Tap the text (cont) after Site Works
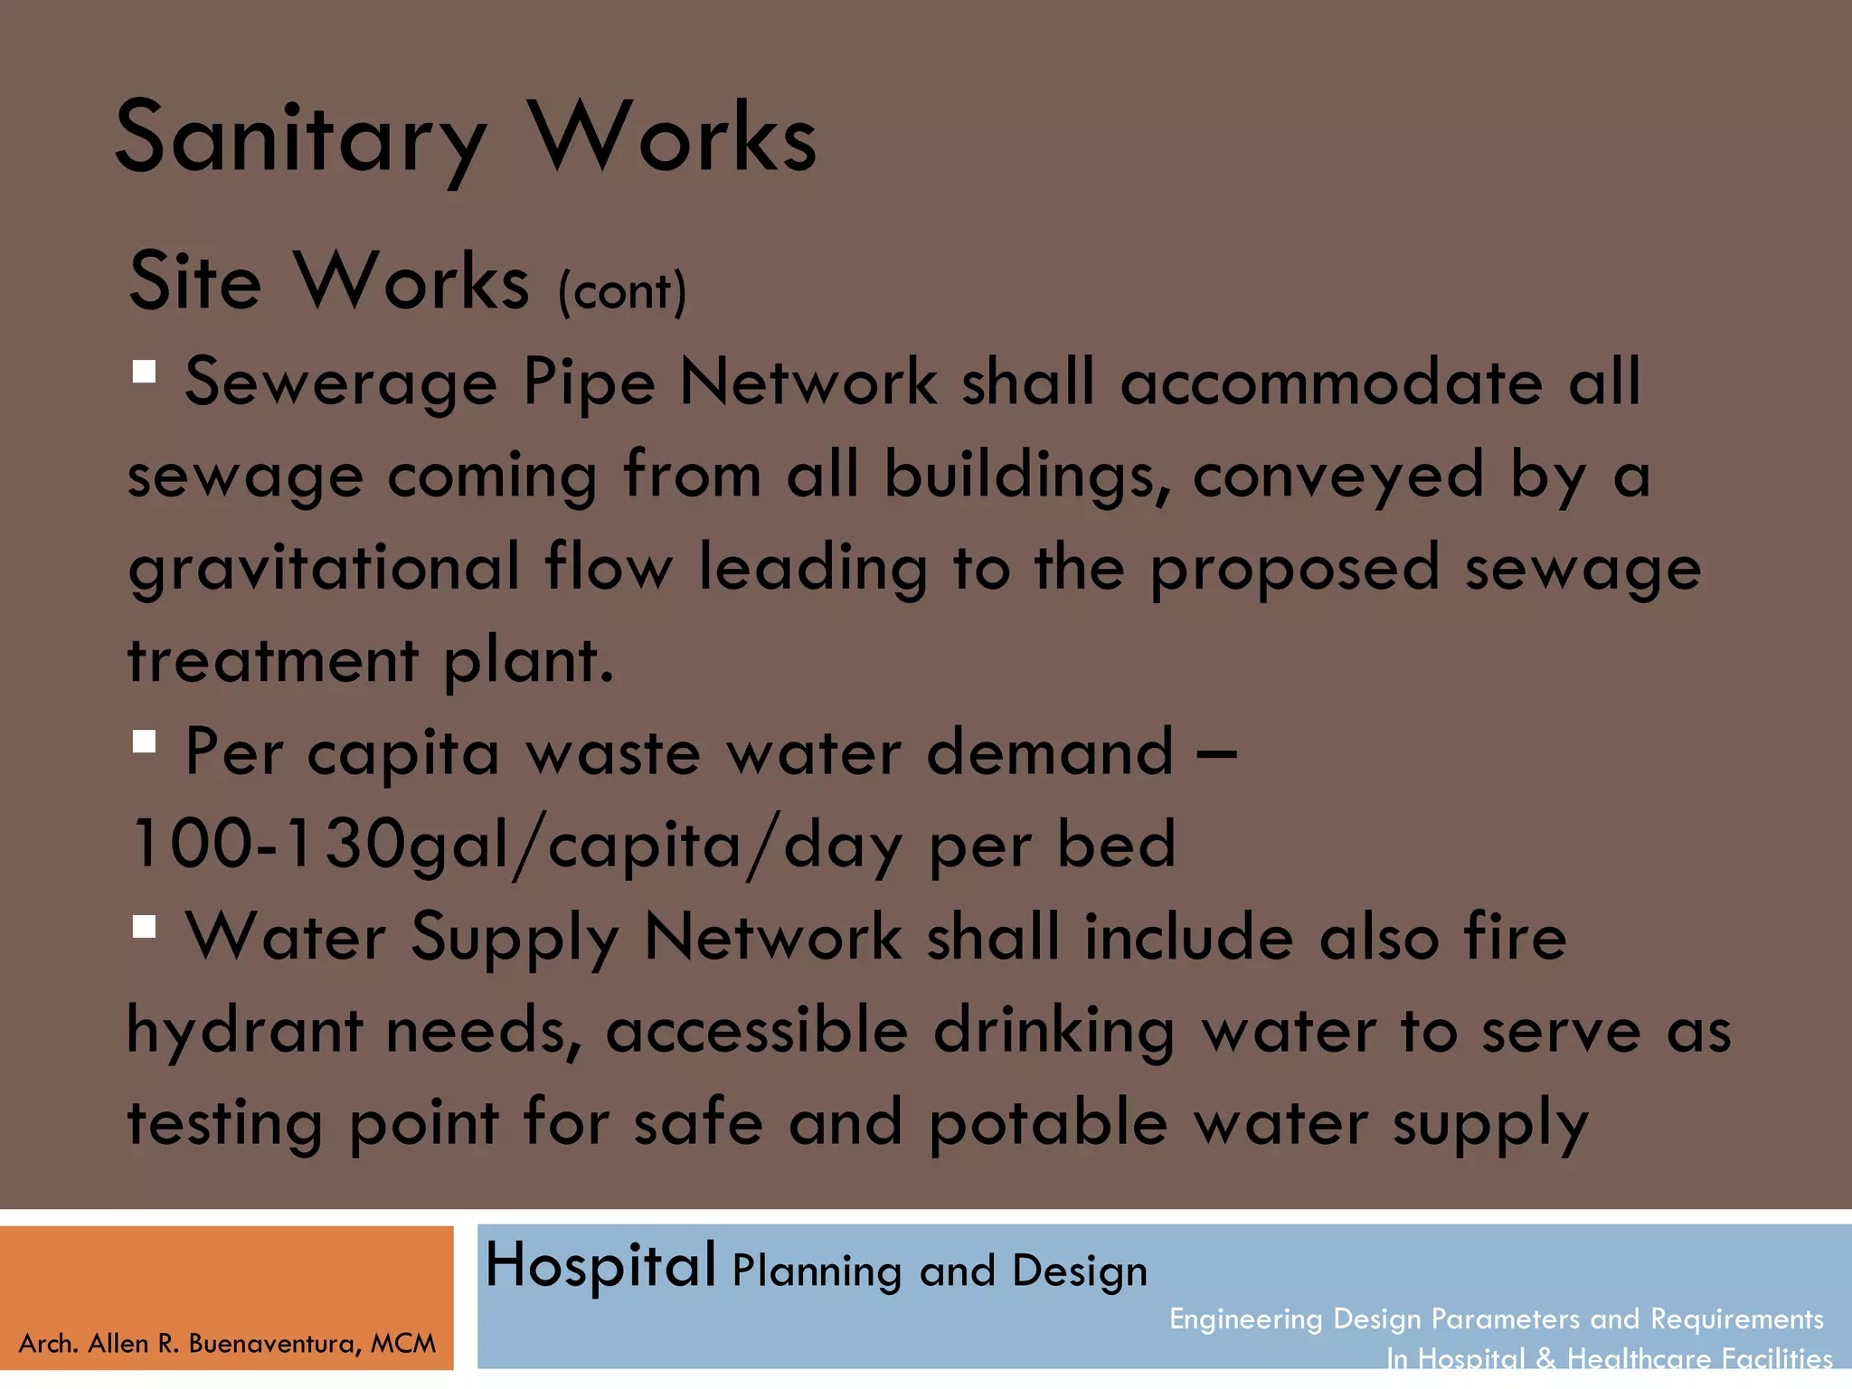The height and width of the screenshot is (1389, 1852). click(622, 291)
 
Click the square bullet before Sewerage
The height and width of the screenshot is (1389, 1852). click(144, 372)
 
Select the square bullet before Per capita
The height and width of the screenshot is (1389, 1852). click(144, 742)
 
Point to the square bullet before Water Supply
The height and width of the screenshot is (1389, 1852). click(144, 927)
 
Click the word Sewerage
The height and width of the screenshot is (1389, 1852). click(341, 383)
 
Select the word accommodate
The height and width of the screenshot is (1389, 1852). click(1331, 383)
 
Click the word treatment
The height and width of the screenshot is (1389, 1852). click(273, 660)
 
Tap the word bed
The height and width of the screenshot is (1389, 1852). click(1116, 845)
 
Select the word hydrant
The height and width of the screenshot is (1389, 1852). click(244, 1032)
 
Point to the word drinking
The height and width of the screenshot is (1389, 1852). click(1054, 1032)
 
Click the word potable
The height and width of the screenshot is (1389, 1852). click(1048, 1125)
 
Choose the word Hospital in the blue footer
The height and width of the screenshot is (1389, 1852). click(600, 1265)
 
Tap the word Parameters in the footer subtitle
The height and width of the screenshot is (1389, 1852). click(1506, 1319)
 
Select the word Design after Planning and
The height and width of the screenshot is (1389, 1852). click(1080, 1271)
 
